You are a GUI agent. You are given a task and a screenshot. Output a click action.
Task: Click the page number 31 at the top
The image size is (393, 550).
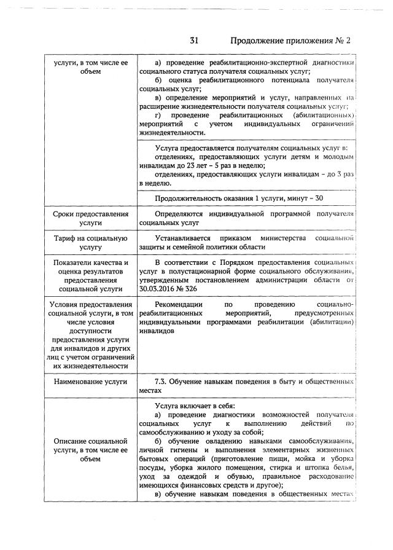pos(194,41)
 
